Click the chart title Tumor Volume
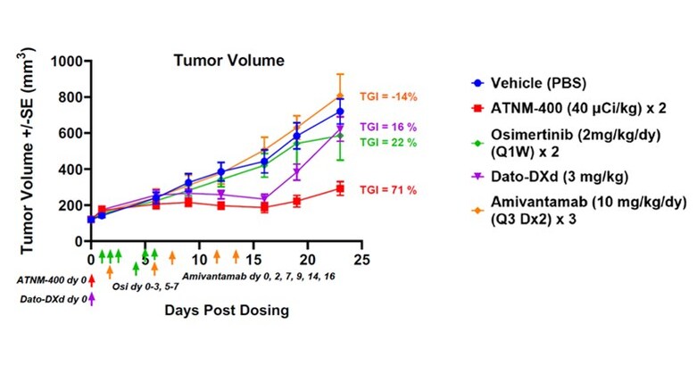pyautogui.click(x=228, y=62)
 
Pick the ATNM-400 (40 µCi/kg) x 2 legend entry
pyautogui.click(x=570, y=110)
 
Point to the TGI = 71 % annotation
pyautogui.click(x=389, y=191)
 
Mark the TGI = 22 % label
pyautogui.click(x=389, y=142)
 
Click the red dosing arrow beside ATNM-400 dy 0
pyautogui.click(x=92, y=281)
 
